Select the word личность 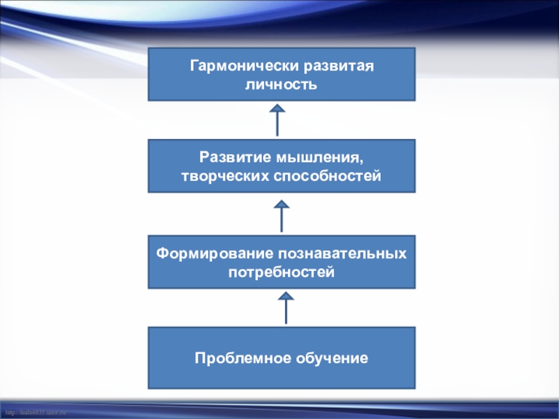(282, 85)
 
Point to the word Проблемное (234, 358)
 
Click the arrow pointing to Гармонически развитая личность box (278, 119)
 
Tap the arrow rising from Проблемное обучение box (286, 309)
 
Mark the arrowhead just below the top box (278, 108)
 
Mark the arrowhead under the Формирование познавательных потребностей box (286, 297)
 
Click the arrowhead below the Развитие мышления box (282, 204)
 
